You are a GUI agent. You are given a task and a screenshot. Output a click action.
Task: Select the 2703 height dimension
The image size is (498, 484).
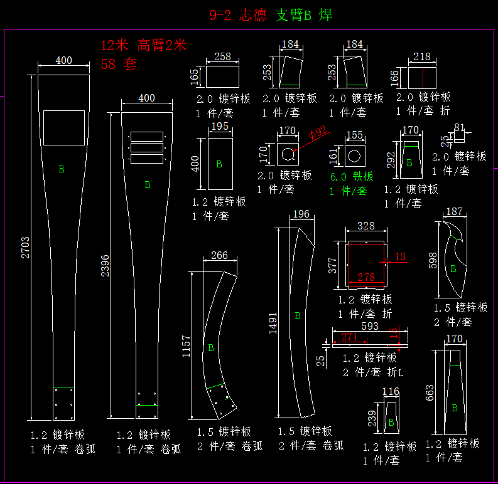point(26,248)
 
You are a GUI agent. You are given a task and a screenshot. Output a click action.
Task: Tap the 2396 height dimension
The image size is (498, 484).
point(106,266)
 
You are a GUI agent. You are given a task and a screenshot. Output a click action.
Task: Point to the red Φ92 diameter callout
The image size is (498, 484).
point(318,132)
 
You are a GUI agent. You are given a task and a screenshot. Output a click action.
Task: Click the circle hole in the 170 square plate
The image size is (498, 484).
point(287,154)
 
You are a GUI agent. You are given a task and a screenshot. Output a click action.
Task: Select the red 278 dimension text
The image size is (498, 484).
point(366,277)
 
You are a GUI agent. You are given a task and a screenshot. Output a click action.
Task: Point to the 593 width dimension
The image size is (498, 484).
point(369,326)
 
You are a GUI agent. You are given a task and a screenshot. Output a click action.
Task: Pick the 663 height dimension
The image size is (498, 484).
point(430,392)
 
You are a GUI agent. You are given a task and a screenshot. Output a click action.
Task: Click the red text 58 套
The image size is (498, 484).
point(118,64)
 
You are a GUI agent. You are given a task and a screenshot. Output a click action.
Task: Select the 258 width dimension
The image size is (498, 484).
point(222,57)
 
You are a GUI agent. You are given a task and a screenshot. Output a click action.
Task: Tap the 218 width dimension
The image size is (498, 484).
point(422,57)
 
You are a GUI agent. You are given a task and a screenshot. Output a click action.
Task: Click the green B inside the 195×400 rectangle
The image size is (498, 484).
point(219,164)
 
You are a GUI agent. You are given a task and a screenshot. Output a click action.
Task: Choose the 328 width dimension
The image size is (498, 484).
point(365,226)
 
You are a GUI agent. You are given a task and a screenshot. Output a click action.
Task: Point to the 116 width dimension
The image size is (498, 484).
point(391,392)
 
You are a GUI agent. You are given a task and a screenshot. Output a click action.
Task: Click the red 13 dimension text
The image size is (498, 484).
point(401,256)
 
